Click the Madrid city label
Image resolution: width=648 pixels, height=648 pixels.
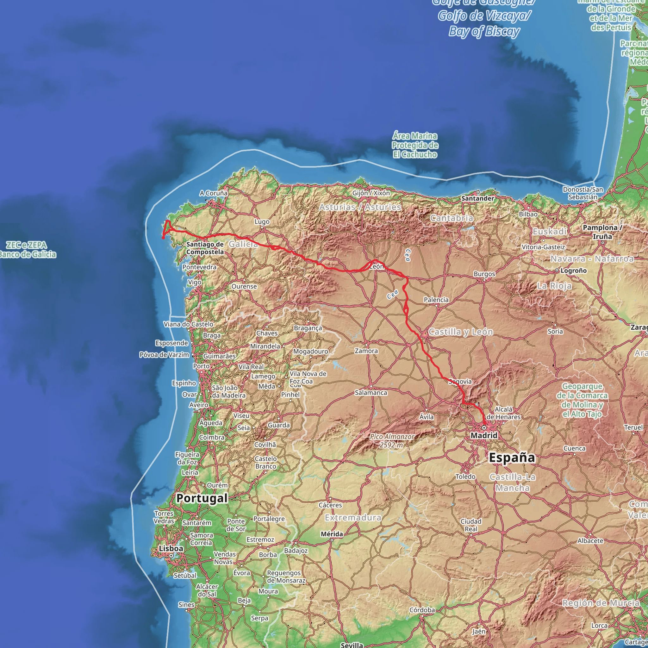coord(484,435)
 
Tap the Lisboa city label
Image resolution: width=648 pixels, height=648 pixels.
coord(171,548)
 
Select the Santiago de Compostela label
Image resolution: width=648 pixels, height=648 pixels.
coord(205,248)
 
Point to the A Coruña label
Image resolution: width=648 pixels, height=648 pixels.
coord(213,193)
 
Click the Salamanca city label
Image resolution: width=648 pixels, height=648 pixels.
coord(371,392)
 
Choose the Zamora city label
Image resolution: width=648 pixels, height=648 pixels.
coord(366,351)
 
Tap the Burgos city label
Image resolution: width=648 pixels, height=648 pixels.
coord(484,274)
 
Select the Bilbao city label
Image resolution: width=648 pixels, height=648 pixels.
coord(528,214)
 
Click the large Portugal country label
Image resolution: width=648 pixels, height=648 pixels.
coord(202,498)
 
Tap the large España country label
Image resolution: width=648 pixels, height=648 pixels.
coord(512,458)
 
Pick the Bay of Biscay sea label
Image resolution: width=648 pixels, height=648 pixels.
coord(484,31)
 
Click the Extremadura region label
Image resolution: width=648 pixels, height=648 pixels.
coord(353,518)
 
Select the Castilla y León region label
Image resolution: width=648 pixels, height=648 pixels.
coord(461,332)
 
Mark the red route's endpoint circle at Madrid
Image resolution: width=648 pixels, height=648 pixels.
coord(484,428)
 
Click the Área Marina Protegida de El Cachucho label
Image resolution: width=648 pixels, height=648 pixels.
coord(415,145)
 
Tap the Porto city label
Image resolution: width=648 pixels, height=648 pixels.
coord(201,366)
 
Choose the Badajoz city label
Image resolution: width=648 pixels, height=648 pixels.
coord(296,551)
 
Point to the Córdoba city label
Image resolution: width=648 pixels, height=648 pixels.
coord(422,610)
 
